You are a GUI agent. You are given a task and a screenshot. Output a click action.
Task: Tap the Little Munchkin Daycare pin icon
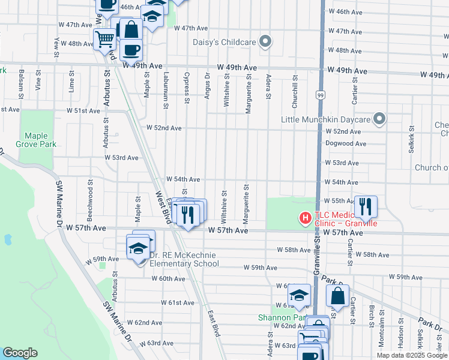pyautogui.click(x=379, y=119)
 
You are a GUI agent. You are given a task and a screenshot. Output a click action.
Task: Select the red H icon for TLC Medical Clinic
pyautogui.click(x=305, y=218)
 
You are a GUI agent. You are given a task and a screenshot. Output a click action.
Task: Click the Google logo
pyautogui.click(x=20, y=353)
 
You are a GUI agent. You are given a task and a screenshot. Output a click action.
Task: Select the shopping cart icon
pyautogui.click(x=105, y=40)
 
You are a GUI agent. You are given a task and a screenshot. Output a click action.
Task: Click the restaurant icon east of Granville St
pyautogui.click(x=366, y=207)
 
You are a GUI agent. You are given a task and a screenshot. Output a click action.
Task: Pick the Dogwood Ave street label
pyautogui.click(x=345, y=144)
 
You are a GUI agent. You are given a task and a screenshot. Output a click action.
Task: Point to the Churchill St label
pyautogui.click(x=295, y=88)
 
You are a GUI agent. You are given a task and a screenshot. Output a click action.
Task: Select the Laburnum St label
pyautogui.click(x=166, y=88)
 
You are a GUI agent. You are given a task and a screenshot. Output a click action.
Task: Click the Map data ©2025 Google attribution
pyautogui.click(x=411, y=355)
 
